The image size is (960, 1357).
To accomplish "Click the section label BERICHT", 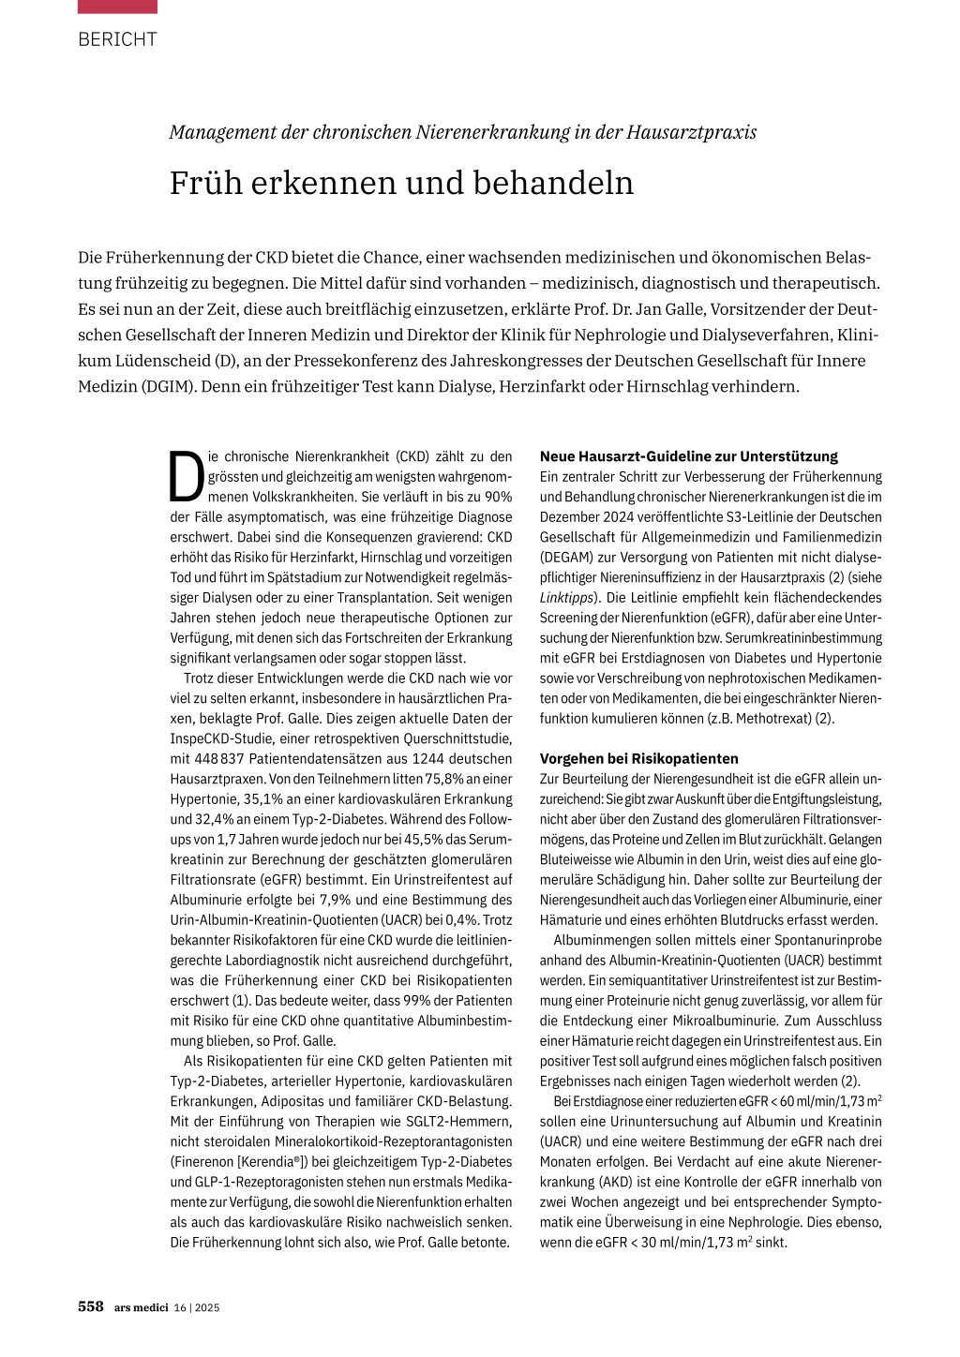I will (x=117, y=39).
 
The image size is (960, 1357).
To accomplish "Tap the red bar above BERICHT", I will (x=117, y=7).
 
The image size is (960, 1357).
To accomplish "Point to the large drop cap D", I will (x=187, y=477).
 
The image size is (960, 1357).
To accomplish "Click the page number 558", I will (x=91, y=1306).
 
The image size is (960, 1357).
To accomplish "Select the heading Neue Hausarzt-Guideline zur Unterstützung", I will (x=689, y=456).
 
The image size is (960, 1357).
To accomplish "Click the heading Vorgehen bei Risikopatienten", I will (x=638, y=758).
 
